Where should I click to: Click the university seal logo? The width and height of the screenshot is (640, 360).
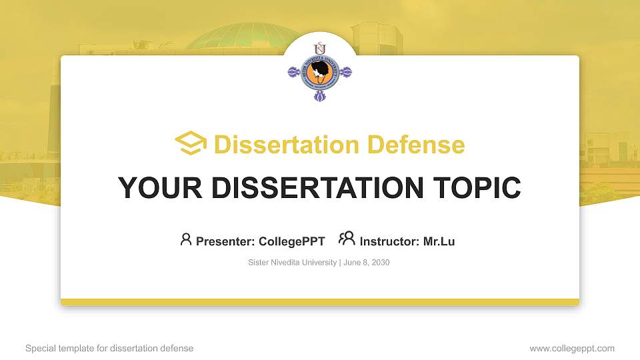pos(319,72)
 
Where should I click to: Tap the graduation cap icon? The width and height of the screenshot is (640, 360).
pos(191,143)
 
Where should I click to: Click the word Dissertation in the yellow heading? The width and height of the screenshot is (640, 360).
pos(287,145)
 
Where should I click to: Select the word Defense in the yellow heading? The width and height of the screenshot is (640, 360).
pos(416,145)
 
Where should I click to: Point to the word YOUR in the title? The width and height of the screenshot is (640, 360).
pos(160,188)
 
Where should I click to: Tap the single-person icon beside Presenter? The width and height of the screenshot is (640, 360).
pos(186,239)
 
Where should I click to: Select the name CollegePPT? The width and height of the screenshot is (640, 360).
pos(292,241)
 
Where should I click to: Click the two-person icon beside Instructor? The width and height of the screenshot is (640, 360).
pos(347,239)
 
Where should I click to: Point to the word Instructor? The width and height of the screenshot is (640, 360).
pos(389,241)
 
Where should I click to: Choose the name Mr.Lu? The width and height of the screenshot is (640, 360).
pos(439,241)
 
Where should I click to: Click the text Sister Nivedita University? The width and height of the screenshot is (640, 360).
pos(292,263)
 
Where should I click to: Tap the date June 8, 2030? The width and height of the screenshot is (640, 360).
pos(367,263)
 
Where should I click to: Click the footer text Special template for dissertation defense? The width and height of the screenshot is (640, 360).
pos(109,348)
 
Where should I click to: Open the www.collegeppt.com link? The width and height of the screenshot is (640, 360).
pos(572,348)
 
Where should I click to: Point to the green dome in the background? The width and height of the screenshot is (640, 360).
pos(241,37)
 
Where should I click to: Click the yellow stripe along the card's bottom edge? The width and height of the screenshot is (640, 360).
pos(320,302)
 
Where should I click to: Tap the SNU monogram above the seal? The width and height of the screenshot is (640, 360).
pos(320,48)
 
